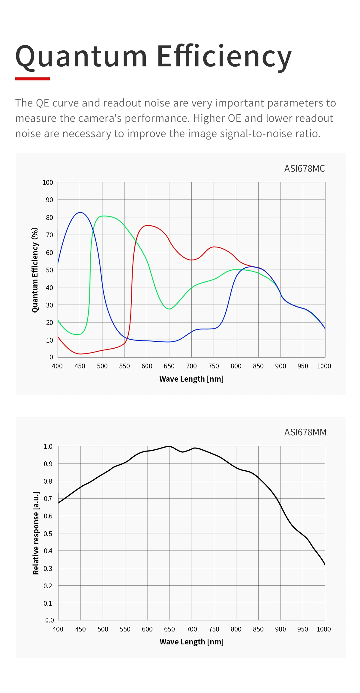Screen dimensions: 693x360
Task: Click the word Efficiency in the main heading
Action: pos(224,56)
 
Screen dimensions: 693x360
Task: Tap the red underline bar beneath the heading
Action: pos(32,79)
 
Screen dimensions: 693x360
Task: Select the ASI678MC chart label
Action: pos(304,169)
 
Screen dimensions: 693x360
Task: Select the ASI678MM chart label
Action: pos(305,432)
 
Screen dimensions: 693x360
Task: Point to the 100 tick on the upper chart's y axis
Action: pos(48,182)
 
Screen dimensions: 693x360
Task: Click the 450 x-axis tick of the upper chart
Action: pos(80,366)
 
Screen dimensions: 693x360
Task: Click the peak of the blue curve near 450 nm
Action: pos(80,212)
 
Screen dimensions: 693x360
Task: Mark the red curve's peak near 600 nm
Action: pos(147,225)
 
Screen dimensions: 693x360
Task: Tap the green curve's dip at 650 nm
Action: pos(169,309)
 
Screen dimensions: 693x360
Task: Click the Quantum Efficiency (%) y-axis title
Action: pos(35,270)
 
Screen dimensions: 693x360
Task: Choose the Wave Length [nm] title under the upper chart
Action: pos(191,379)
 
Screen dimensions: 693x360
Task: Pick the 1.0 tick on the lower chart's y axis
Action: pos(48,446)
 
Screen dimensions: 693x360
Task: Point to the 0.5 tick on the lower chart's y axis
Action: pos(48,533)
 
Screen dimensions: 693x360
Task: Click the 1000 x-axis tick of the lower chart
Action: pos(324,629)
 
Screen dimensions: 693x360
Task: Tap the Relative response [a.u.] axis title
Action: pos(36,533)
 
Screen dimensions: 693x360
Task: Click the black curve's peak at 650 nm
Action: pos(169,446)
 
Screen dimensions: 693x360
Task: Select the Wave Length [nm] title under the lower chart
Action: pos(191,642)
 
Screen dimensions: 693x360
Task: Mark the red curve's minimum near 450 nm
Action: pos(80,354)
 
